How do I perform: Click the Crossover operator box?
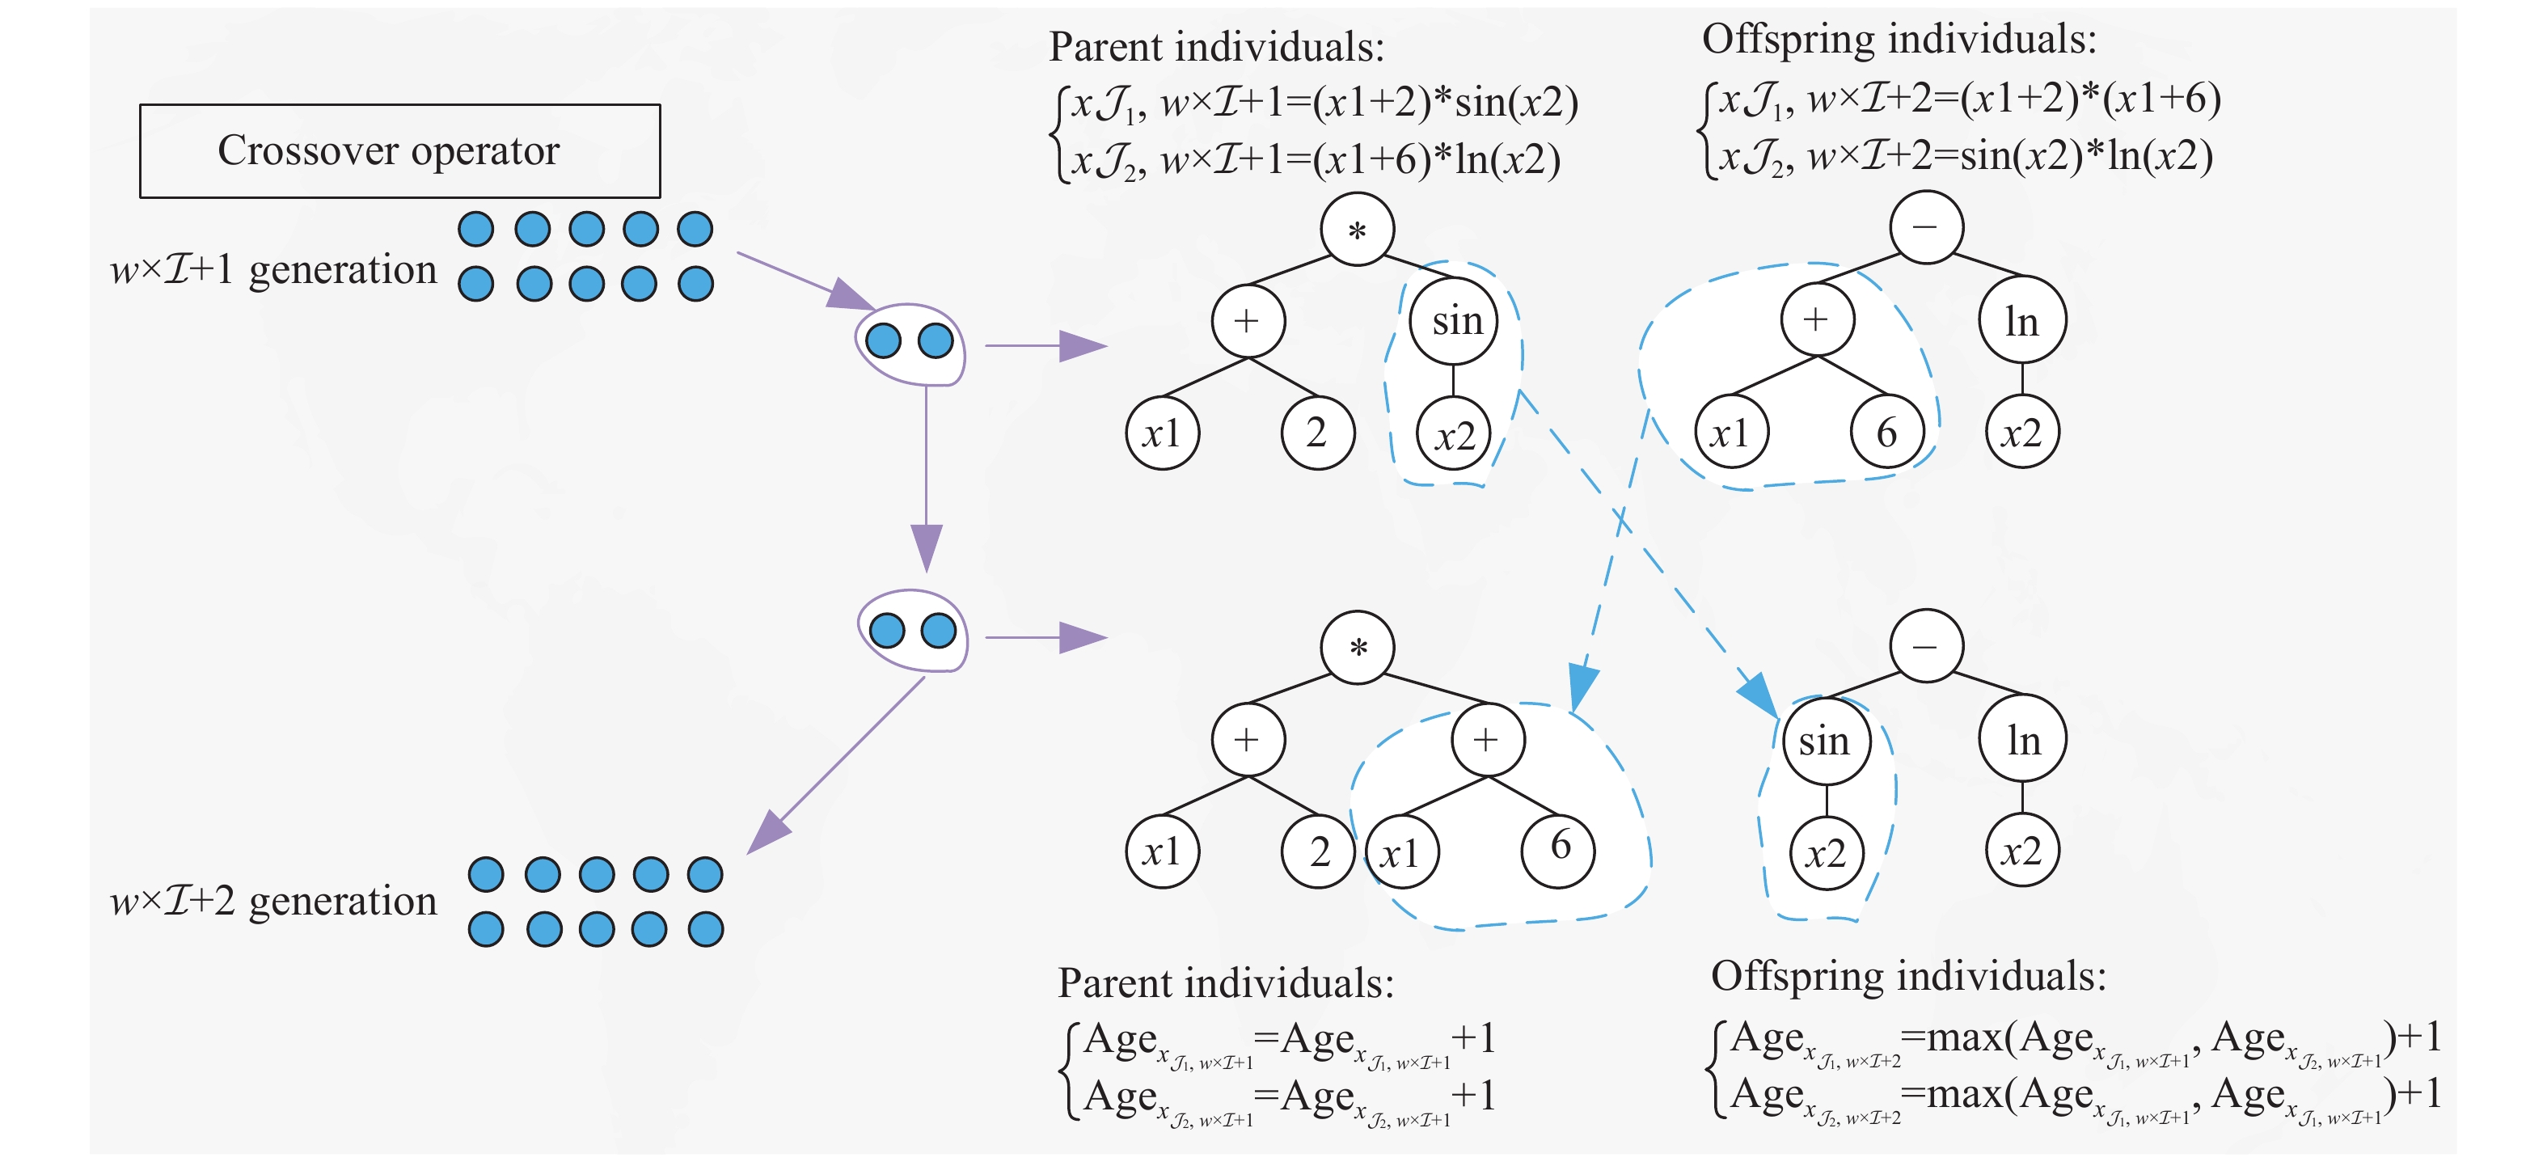pos(399,151)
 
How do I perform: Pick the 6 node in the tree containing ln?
pos(1886,432)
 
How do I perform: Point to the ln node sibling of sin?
pos(2023,741)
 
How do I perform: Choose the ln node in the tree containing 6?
pos(2023,321)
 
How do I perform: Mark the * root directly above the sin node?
pos(1358,230)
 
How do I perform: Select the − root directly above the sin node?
pos(1926,647)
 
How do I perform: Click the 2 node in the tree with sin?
pos(1317,432)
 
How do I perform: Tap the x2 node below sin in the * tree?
pos(1454,434)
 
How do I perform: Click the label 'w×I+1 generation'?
pos(273,270)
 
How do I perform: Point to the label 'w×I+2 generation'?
pos(273,901)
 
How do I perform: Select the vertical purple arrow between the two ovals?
pos(927,475)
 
